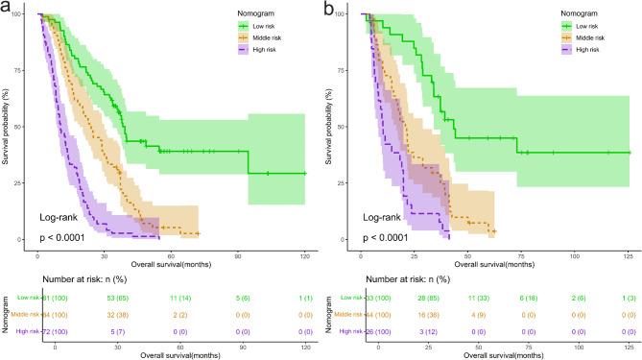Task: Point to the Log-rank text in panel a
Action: coord(57,217)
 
